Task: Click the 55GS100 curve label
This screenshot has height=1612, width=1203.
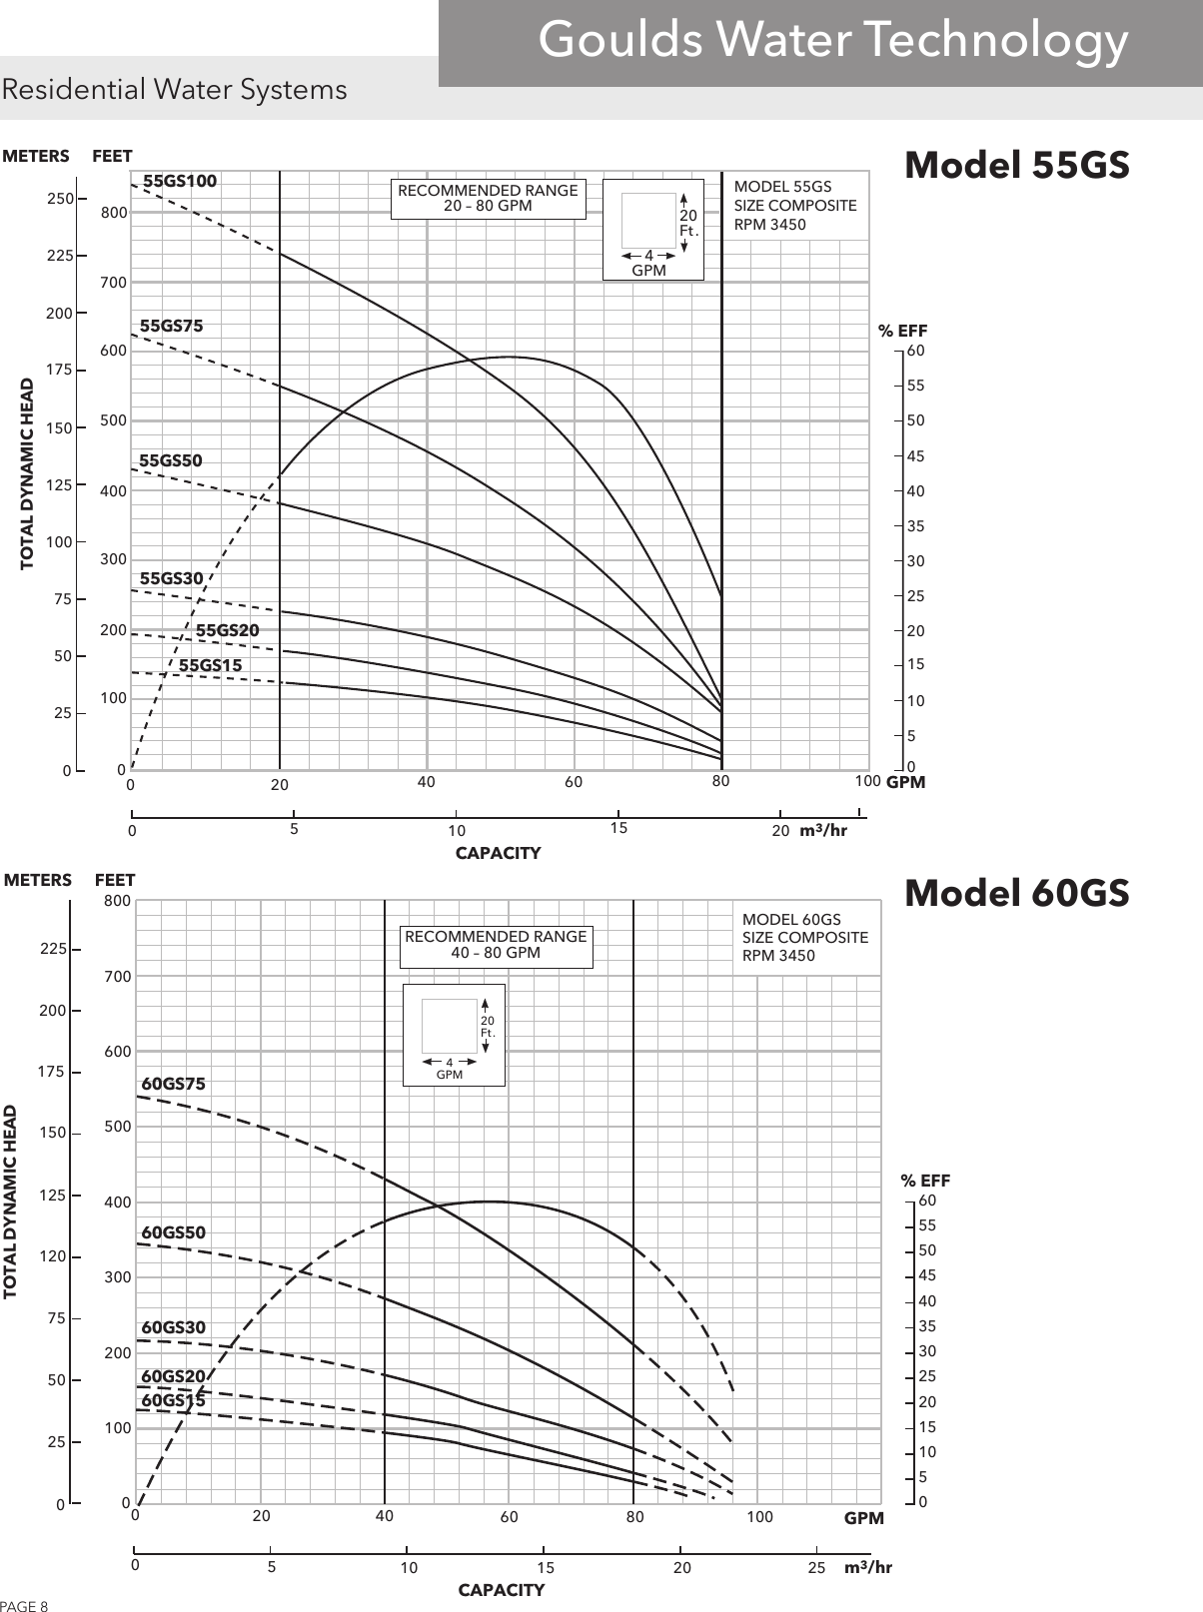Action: pos(180,182)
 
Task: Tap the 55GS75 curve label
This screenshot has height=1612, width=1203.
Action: pos(171,326)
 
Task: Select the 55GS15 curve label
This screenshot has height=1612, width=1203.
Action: pos(210,665)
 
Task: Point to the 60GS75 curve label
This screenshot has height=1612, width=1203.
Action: pos(173,1084)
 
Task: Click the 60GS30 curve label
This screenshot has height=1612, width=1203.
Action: pos(173,1328)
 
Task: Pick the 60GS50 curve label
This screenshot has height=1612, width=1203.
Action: pos(173,1233)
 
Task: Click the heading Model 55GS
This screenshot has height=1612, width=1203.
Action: pos(1016,166)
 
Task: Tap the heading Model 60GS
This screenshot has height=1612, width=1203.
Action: pos(1016,893)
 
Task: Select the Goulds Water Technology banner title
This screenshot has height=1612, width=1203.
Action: pos(832,41)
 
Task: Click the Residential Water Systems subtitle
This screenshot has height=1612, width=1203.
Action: pos(175,90)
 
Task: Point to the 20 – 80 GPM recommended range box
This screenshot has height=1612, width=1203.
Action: pos(488,199)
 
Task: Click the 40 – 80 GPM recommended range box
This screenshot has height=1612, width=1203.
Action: pos(496,945)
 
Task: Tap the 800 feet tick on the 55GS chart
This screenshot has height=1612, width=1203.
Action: pos(114,213)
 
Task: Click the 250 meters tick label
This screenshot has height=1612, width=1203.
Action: pos(61,199)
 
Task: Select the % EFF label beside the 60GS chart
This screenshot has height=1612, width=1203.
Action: pos(925,1181)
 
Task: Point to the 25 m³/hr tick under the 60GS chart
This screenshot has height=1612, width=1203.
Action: pos(816,1568)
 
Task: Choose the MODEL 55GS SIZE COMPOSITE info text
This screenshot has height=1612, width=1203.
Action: pos(794,206)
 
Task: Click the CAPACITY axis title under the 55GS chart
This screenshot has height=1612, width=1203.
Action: pos(498,853)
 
